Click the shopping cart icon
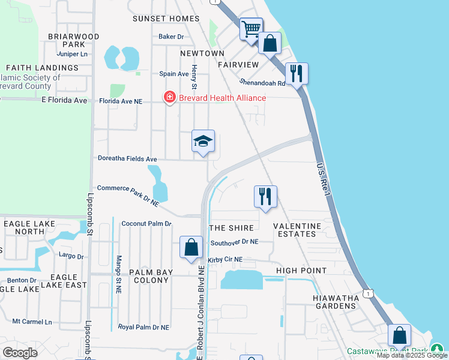[251, 28]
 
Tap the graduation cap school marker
[203, 142]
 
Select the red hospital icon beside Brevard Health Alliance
[170, 97]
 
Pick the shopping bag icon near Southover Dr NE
[191, 247]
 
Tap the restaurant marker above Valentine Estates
[265, 196]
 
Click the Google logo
[20, 352]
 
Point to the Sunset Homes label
[166, 19]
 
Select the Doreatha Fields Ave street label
[127, 159]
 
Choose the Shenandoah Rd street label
[263, 83]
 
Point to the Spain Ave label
[174, 74]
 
